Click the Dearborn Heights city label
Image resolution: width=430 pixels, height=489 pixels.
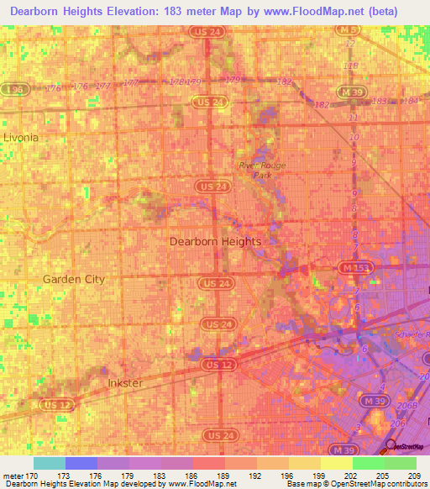[215, 241]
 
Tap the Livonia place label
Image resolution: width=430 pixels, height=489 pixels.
[21, 136]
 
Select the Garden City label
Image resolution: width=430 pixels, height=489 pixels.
[74, 279]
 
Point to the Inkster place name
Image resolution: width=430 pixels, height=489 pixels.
[126, 383]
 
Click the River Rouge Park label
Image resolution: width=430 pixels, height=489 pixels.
[262, 171]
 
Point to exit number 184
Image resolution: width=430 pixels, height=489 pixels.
[410, 101]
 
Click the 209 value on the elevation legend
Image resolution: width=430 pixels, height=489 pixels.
[414, 476]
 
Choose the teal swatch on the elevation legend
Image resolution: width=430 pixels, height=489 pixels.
[49, 463]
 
